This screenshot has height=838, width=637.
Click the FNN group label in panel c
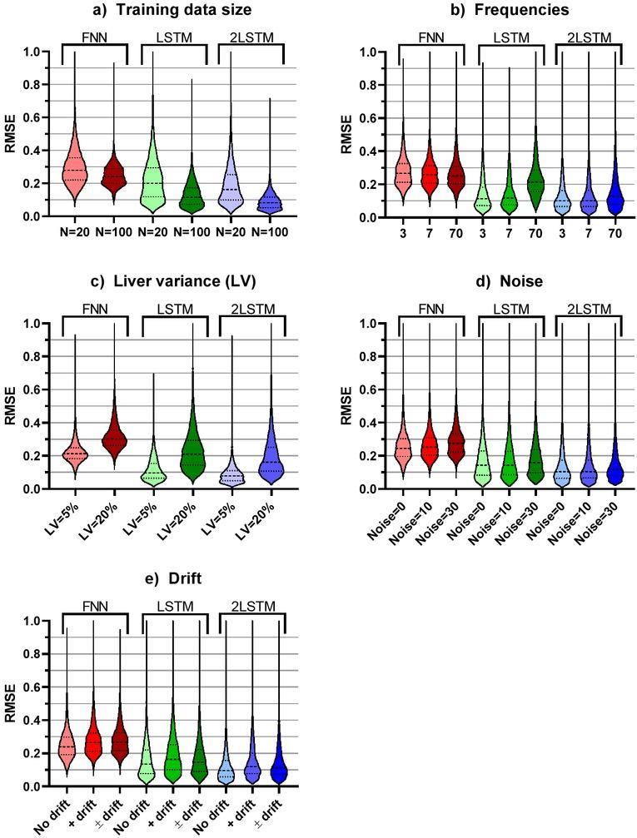[94, 309]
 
